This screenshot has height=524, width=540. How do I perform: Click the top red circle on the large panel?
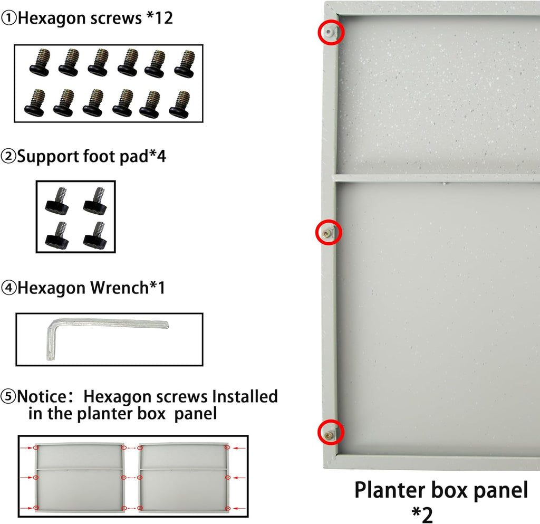point(331,32)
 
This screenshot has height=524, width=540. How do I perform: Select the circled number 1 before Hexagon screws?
point(8,18)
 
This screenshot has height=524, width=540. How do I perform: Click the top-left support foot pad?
point(56,200)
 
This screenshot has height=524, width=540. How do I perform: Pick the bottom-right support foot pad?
point(95,235)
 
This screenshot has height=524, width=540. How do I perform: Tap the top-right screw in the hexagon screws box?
point(185,64)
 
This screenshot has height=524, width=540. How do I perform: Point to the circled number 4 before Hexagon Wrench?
point(8,288)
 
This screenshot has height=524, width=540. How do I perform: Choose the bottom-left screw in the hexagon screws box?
point(35,103)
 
